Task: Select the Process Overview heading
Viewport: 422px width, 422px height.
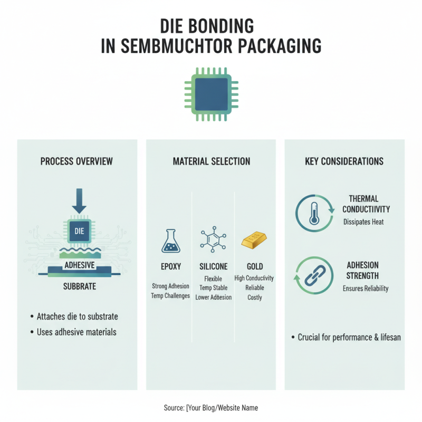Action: (x=76, y=161)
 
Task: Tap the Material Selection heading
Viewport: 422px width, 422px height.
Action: (x=212, y=161)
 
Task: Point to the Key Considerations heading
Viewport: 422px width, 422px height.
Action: (x=344, y=161)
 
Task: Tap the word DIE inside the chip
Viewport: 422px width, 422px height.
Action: (x=79, y=231)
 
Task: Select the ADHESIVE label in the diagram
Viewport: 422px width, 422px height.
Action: (x=79, y=265)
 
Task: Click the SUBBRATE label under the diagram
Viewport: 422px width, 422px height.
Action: (x=79, y=287)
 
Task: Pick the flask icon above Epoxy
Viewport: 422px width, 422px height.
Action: (x=170, y=241)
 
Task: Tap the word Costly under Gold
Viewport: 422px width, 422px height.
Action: (x=255, y=298)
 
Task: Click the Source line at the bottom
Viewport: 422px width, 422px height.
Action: (x=211, y=408)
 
